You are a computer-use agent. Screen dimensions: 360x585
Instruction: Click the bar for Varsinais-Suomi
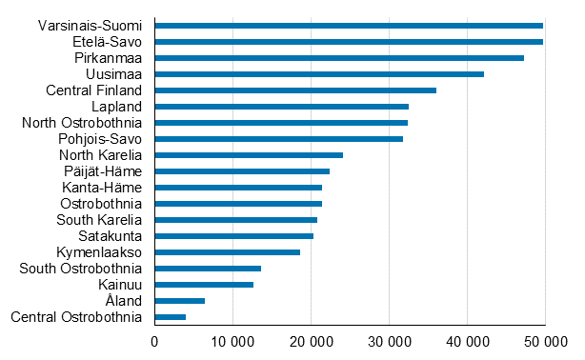point(348,26)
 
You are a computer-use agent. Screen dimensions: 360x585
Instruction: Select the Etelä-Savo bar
point(348,42)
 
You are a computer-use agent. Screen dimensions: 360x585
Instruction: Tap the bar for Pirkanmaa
point(338,58)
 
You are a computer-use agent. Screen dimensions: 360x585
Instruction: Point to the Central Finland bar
point(294,90)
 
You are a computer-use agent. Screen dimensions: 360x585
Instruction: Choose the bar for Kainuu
point(204,284)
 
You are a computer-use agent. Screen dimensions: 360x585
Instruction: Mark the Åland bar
point(179,300)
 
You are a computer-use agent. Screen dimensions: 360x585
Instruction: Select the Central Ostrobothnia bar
point(170,316)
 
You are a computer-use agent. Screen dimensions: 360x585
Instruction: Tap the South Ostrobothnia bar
point(208,269)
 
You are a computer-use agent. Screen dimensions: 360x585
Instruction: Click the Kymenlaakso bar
point(227,252)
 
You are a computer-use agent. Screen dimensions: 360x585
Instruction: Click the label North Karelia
point(100,155)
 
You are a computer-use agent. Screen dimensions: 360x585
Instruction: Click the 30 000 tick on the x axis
point(388,341)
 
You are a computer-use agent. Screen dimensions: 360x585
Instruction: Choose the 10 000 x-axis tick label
point(232,341)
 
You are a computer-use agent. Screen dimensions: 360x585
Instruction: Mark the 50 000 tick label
point(544,341)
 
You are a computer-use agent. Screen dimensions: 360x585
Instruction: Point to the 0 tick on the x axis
point(154,341)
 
